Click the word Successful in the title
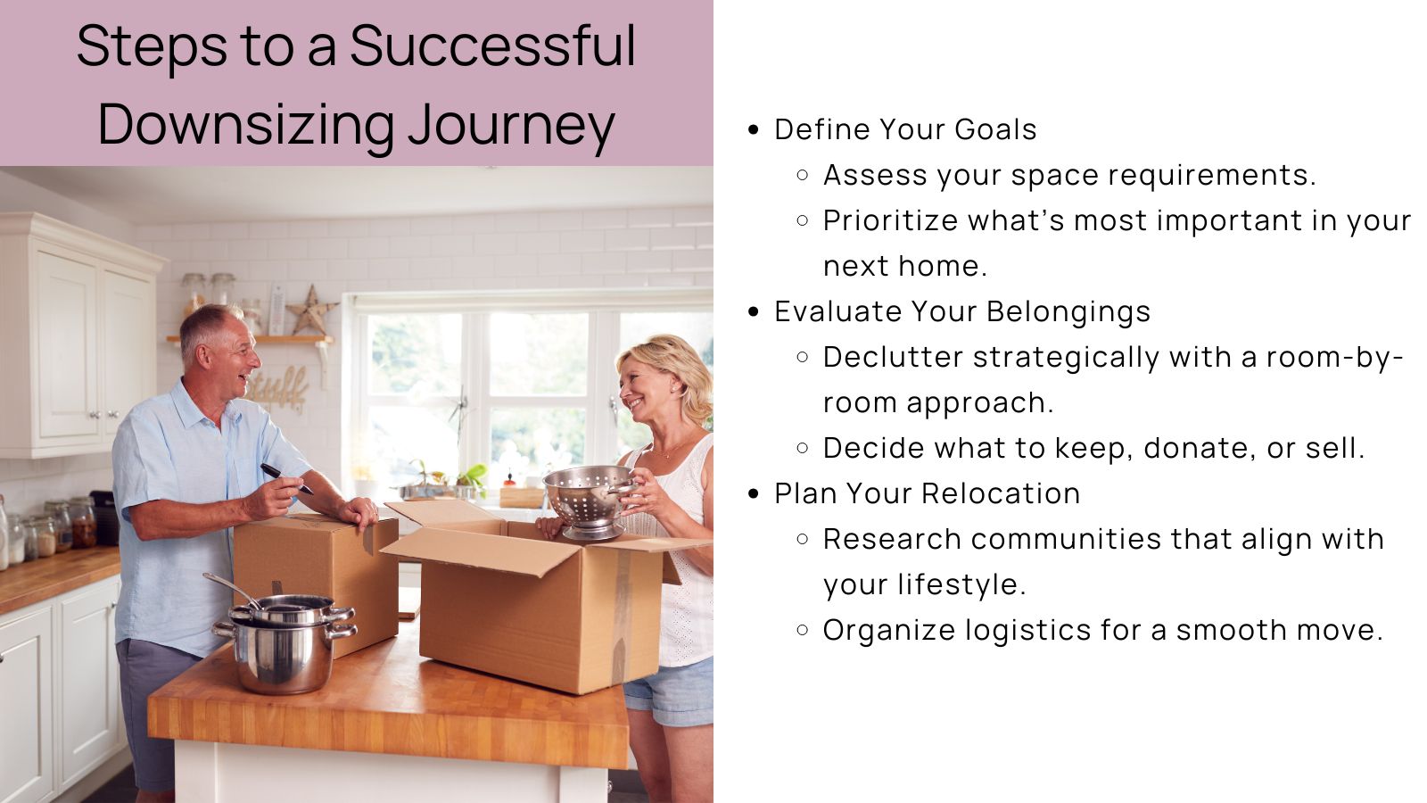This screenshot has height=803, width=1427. pos(492,46)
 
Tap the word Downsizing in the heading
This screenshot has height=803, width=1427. pos(246,125)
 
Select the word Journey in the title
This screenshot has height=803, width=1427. pos(511,125)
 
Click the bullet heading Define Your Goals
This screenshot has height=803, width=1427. pos(905,129)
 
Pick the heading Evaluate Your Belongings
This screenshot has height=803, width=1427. pos(962,311)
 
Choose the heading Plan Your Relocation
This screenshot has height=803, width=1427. pos(927,493)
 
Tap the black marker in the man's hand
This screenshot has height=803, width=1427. pos(285,476)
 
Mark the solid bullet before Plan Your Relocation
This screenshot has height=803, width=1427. pos(754,493)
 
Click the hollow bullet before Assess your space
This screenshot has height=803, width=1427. pos(803,175)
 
